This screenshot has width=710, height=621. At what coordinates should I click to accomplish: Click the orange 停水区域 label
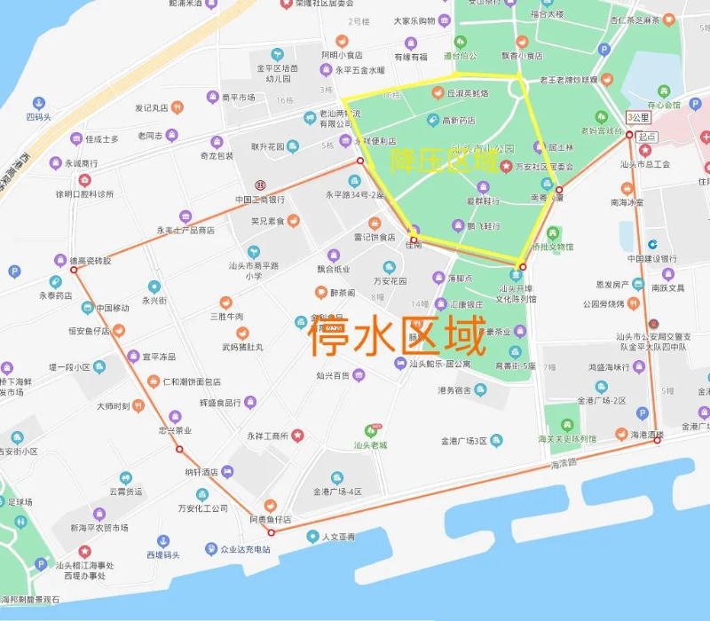click(x=397, y=336)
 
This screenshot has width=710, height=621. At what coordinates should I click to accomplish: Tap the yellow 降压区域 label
click(x=444, y=160)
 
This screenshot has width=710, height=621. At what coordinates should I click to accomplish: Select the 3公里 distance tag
click(x=638, y=117)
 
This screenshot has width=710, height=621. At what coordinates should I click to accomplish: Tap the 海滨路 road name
click(x=564, y=463)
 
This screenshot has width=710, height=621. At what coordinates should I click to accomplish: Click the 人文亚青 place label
click(x=338, y=537)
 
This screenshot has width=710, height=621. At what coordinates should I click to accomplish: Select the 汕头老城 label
click(x=370, y=444)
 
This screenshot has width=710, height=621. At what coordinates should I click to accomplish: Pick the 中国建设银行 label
click(x=652, y=258)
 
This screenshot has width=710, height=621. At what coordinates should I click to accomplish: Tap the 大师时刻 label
click(x=114, y=406)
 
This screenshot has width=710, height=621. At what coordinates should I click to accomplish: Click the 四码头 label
click(x=39, y=116)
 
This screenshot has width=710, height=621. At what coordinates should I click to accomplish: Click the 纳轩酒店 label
click(x=201, y=472)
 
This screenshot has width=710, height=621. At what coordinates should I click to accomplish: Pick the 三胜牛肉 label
click(x=226, y=317)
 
